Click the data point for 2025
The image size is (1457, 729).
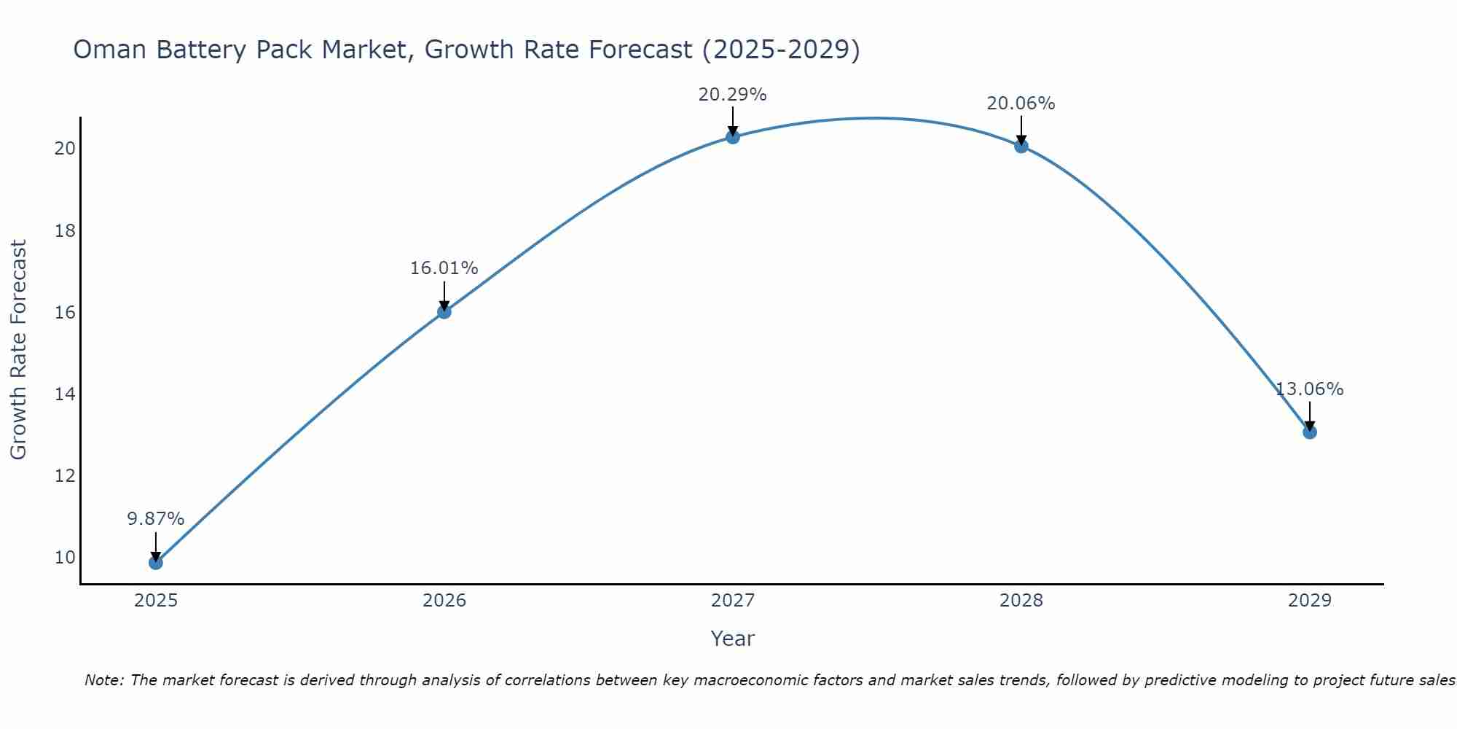point(155,562)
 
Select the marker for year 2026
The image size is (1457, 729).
point(444,311)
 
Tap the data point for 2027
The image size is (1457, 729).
point(732,136)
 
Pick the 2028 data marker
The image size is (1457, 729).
point(1021,146)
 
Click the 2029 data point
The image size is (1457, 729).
point(1309,432)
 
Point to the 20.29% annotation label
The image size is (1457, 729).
point(732,95)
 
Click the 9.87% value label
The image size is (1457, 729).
point(155,519)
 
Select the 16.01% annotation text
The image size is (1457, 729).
point(444,268)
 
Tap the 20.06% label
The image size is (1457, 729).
point(1021,104)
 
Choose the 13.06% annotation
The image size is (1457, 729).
point(1309,389)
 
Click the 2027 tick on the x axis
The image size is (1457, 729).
point(732,601)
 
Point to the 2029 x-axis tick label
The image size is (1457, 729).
point(1309,601)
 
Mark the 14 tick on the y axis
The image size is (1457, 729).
point(65,394)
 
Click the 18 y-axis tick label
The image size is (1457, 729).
point(65,231)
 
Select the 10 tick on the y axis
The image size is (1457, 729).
point(65,558)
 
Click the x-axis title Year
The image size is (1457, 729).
point(732,639)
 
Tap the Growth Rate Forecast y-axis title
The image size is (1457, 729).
point(18,350)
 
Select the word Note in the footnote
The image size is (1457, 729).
point(103,680)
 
